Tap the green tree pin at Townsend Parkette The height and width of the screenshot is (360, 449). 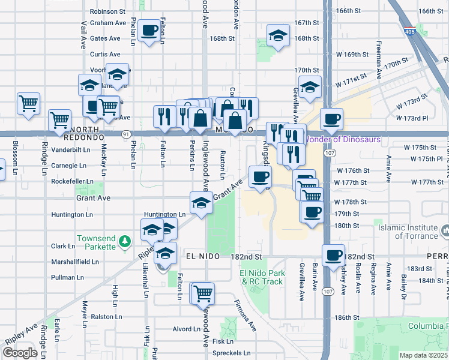point(125,242)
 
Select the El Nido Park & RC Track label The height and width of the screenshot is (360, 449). point(261,277)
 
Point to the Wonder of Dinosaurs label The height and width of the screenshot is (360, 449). point(340,140)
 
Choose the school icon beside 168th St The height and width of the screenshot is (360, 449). point(278,35)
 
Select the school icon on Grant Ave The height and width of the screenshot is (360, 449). point(201,202)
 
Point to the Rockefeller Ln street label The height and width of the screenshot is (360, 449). point(72,181)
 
